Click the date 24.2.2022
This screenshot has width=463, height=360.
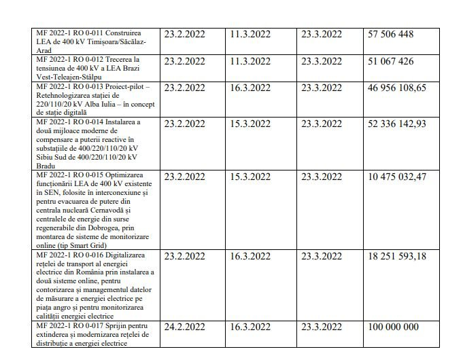click(x=185, y=327)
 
